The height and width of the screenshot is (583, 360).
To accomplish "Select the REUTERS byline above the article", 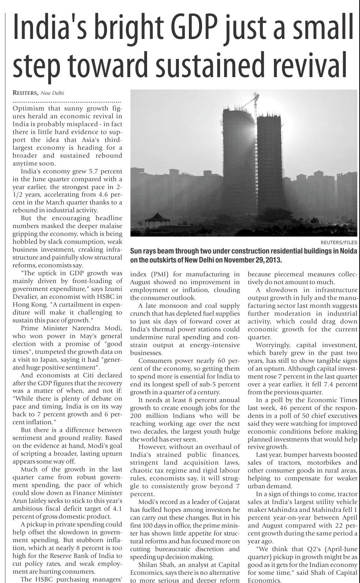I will pyautogui.click(x=25, y=93).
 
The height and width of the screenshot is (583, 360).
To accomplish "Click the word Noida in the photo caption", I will pyautogui.click(x=348, y=251).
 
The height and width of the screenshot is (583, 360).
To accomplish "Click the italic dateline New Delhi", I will pyautogui.click(x=52, y=93).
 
